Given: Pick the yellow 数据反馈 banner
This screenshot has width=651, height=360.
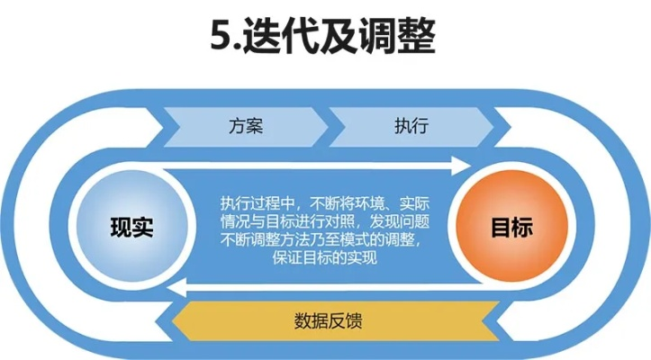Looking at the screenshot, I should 329,320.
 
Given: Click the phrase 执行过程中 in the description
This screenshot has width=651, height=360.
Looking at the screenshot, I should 256,202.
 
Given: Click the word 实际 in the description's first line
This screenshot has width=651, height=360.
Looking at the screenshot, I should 410,202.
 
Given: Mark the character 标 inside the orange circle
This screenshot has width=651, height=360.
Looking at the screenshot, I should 521,227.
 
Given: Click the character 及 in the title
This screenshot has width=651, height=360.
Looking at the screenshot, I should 339,37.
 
